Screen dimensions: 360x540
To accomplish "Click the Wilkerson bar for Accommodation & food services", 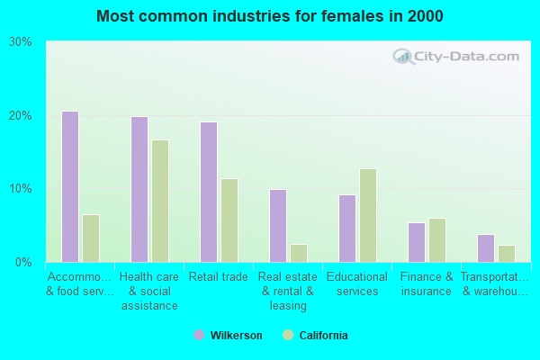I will pyautogui.click(x=70, y=186).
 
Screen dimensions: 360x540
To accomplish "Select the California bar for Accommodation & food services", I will pyautogui.click(x=91, y=238).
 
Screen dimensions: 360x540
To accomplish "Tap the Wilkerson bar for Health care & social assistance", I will pyautogui.click(x=139, y=189).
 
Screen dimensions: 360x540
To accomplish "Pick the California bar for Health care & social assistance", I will pyautogui.click(x=160, y=201).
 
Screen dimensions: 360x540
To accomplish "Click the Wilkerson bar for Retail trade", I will pyautogui.click(x=209, y=192).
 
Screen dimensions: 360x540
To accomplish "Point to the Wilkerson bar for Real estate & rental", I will pyautogui.click(x=278, y=226).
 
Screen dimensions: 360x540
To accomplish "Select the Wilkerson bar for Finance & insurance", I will pyautogui.click(x=417, y=242).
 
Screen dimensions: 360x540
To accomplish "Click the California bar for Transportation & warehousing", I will pyautogui.click(x=507, y=254).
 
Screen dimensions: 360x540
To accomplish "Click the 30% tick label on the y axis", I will pyautogui.click(x=21, y=42).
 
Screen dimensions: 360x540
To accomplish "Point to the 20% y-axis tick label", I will pyautogui.click(x=21, y=116).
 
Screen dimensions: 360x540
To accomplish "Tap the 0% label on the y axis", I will pyautogui.click(x=24, y=263).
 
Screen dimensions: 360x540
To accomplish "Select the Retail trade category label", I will pyautogui.click(x=219, y=277).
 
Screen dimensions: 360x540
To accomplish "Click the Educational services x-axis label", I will pyautogui.click(x=357, y=284).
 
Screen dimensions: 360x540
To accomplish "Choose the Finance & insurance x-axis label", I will pyautogui.click(x=427, y=284).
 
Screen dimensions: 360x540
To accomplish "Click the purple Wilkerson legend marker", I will pyautogui.click(x=199, y=336).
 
